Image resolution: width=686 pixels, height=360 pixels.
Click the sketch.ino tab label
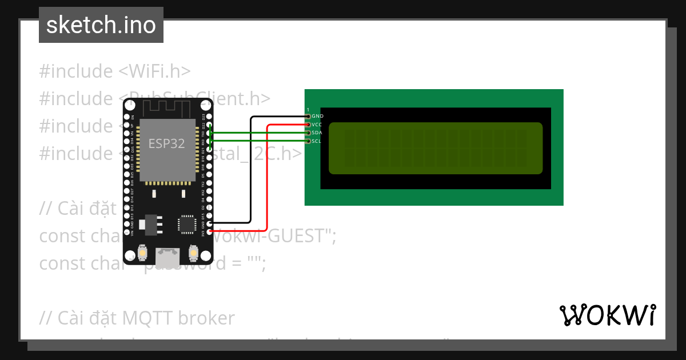(x=101, y=25)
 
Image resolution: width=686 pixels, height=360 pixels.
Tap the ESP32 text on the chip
(x=167, y=143)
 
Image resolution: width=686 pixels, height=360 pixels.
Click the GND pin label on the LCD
(x=318, y=116)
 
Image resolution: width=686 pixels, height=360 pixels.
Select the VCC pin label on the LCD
(x=317, y=125)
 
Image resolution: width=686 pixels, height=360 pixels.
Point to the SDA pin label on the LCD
(x=317, y=133)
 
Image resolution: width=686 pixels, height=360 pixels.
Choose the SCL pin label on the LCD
(x=317, y=141)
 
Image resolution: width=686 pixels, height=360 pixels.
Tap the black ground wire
(x=251, y=171)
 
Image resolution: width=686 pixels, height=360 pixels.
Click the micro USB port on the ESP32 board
(x=167, y=257)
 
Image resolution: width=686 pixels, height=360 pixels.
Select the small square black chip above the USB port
(x=187, y=223)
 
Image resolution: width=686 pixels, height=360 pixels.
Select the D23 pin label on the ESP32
(x=203, y=117)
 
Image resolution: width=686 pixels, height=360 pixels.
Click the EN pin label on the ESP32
(x=132, y=117)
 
